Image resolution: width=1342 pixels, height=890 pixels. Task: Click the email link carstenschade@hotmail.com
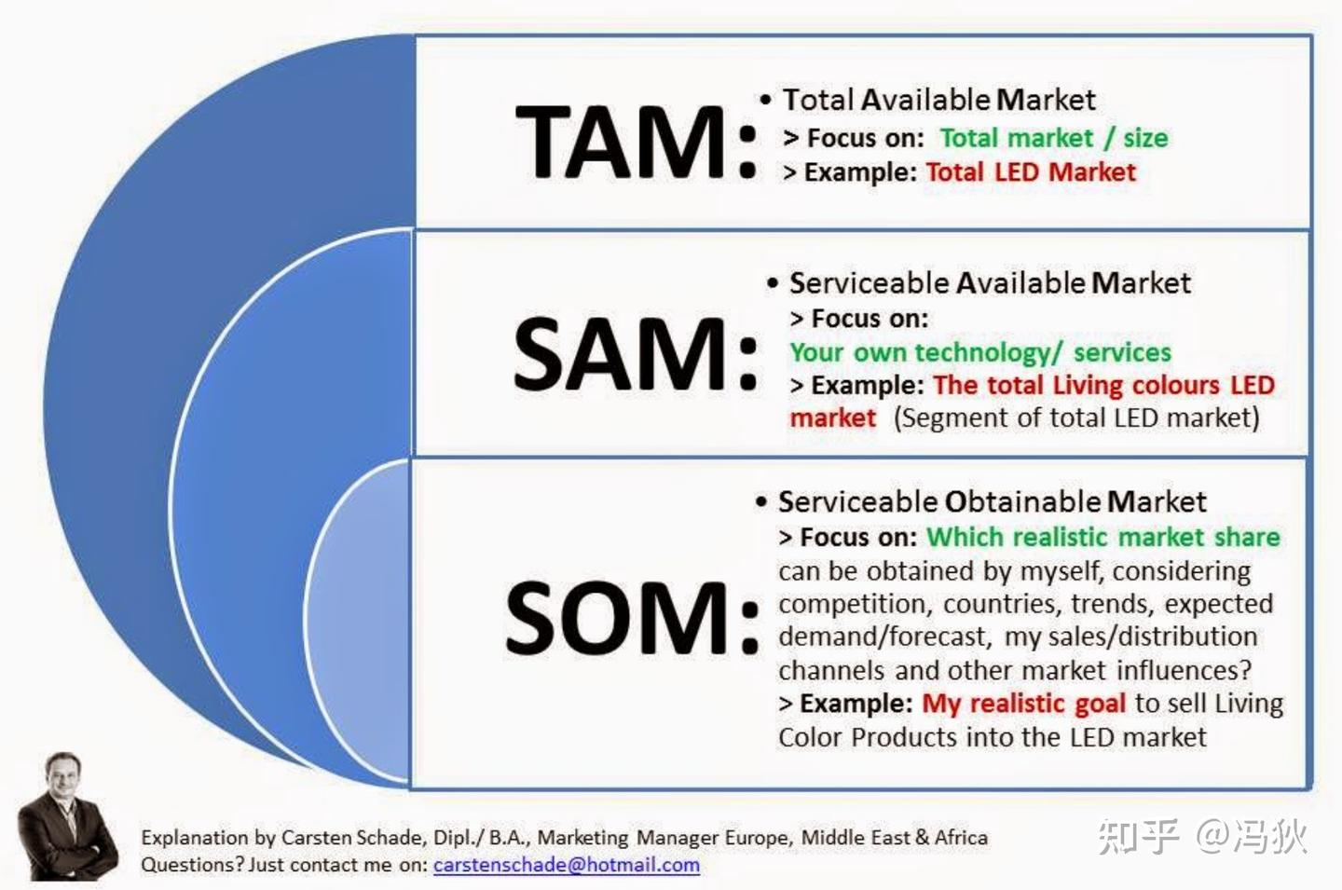coord(567,866)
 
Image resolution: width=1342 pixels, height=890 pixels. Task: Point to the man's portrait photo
coord(66,817)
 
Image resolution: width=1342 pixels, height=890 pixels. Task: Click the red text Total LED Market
coord(1031,172)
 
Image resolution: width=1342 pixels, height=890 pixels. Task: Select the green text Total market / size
coord(1054,138)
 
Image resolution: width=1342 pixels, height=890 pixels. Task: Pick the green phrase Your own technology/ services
coord(980,353)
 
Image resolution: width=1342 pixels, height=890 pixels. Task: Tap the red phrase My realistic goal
coord(1024,705)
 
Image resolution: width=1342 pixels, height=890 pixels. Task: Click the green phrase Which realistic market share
coord(1103,537)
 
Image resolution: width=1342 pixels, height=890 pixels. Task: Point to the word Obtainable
coord(1022,502)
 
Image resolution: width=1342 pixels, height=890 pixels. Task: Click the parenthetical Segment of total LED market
coord(1076,418)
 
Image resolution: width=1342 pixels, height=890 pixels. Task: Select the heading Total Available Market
coord(939,100)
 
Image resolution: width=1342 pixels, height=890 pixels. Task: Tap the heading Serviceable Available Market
coord(991,282)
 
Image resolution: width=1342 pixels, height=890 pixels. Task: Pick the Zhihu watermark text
coord(1202,836)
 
